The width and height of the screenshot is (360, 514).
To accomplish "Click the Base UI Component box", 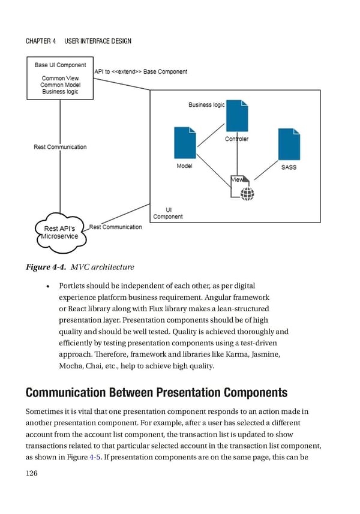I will tap(59, 78).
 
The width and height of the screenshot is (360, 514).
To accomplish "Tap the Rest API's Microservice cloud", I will tap(60, 232).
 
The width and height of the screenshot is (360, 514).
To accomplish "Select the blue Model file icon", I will tap(184, 143).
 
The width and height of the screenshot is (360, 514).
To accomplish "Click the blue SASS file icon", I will tap(289, 144).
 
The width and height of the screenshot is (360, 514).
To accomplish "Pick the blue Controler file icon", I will tap(237, 118).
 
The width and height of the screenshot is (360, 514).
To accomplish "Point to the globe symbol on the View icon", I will tap(247, 193).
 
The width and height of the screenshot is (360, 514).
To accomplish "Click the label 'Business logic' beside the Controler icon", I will tap(206, 105).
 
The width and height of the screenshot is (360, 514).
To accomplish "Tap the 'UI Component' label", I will tap(167, 213).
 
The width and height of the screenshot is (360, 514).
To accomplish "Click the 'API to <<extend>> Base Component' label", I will tap(140, 72).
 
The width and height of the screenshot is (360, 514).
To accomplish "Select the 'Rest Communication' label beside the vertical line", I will tap(60, 147).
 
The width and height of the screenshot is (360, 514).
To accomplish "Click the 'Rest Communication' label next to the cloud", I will tap(115, 227).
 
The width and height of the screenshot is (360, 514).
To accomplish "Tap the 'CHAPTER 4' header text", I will tap(41, 41).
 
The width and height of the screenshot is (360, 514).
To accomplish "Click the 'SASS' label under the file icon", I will tap(289, 167).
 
